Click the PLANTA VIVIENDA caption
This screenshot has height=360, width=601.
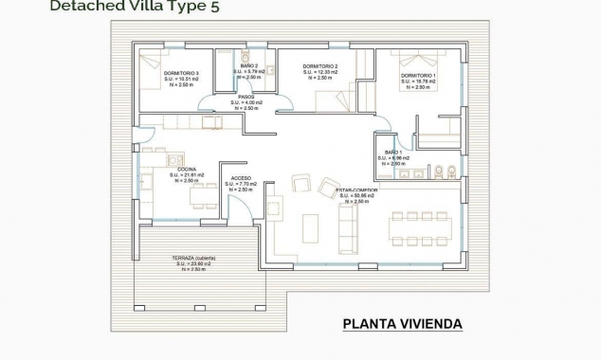coord(402,325)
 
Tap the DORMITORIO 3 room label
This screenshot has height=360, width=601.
coord(182,73)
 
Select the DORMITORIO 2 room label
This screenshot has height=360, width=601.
coord(320,67)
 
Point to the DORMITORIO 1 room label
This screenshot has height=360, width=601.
coord(418,75)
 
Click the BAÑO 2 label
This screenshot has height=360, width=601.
coord(246,66)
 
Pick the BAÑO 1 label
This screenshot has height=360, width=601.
coord(393,153)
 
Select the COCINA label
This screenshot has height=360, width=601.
coord(186,169)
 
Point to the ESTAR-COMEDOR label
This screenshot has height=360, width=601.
coord(356,189)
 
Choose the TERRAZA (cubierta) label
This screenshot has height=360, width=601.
coord(187,259)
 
